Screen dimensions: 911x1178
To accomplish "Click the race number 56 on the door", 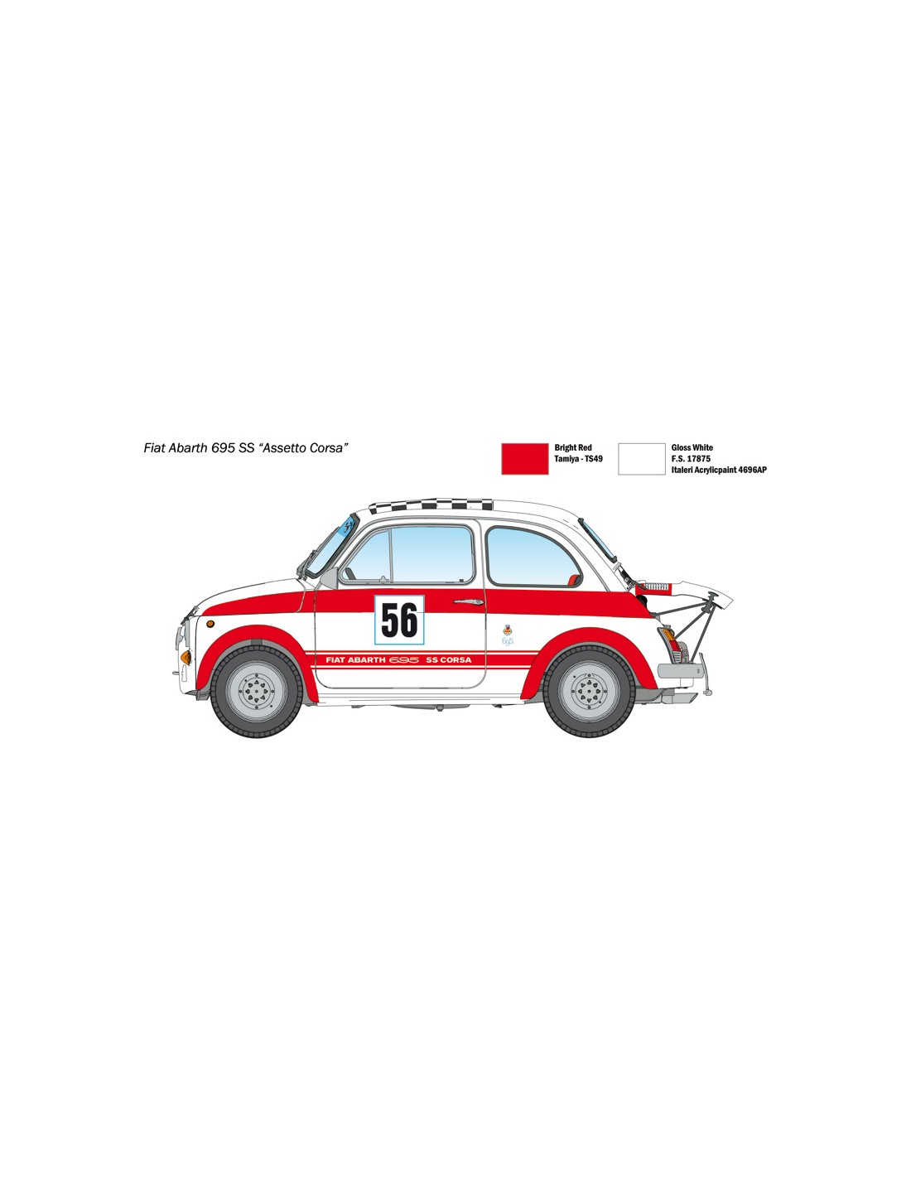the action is [x=399, y=620].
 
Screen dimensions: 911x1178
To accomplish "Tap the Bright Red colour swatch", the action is [x=524, y=459].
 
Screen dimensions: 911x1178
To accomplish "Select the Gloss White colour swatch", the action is [x=641, y=459].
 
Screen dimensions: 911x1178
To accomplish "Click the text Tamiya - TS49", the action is [x=578, y=459].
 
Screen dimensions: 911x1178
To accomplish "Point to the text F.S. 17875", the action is [x=691, y=459].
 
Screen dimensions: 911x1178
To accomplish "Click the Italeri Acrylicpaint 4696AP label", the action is [x=719, y=470].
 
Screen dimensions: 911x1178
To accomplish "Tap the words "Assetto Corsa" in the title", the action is [x=303, y=448].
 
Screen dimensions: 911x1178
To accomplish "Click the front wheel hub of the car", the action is [x=256, y=691].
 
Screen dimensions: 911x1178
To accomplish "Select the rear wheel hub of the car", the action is [x=589, y=691].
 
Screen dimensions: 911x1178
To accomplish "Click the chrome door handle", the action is [x=468, y=601].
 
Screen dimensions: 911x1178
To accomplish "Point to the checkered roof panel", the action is [x=431, y=505].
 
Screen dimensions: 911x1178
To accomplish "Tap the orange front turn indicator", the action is [x=186, y=657].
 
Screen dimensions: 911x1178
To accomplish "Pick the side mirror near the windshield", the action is [x=329, y=578].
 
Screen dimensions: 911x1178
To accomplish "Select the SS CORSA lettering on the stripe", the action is [x=448, y=659].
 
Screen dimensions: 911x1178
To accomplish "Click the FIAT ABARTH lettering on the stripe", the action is [x=355, y=659].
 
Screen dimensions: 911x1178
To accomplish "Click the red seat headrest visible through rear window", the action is [x=572, y=580].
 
